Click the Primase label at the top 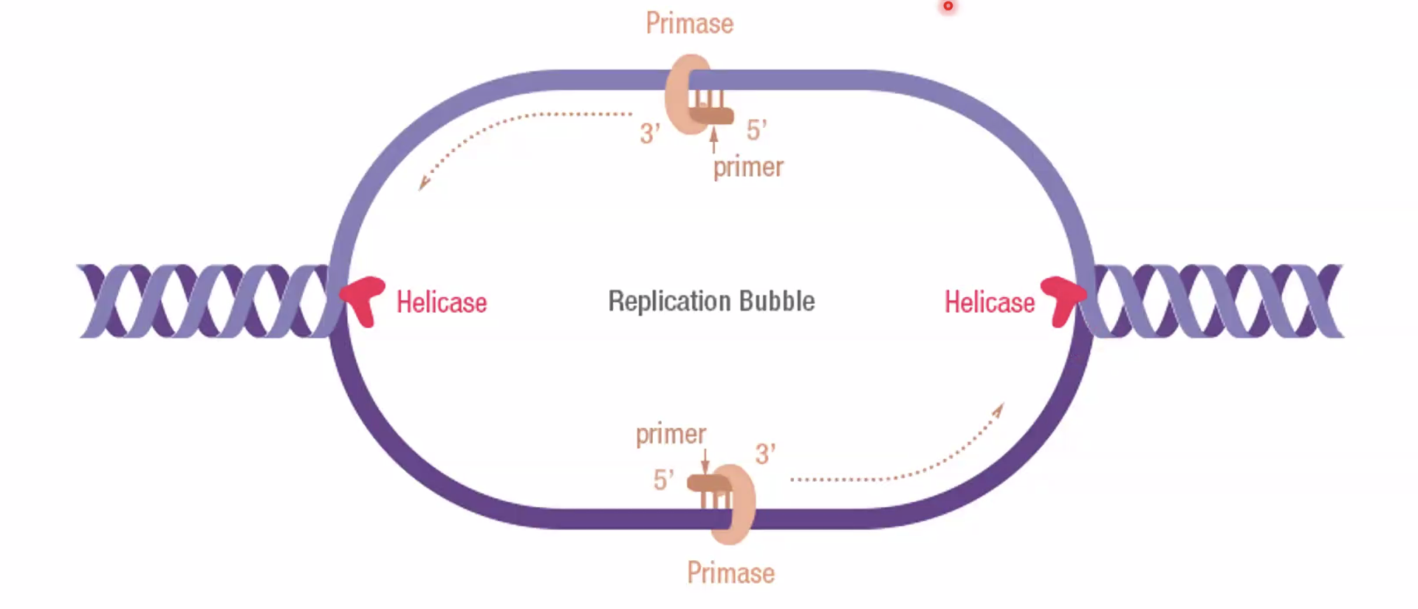(x=689, y=24)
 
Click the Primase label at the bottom (x=730, y=574)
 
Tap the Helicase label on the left (x=442, y=302)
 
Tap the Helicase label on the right (x=990, y=302)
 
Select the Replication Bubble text (x=711, y=302)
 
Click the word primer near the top (x=748, y=167)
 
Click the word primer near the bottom (x=671, y=434)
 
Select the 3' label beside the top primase (x=649, y=133)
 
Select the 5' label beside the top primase (x=756, y=131)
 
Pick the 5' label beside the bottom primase (x=663, y=480)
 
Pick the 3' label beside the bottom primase (x=765, y=454)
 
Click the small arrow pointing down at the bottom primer (x=705, y=461)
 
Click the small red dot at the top (x=948, y=6)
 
